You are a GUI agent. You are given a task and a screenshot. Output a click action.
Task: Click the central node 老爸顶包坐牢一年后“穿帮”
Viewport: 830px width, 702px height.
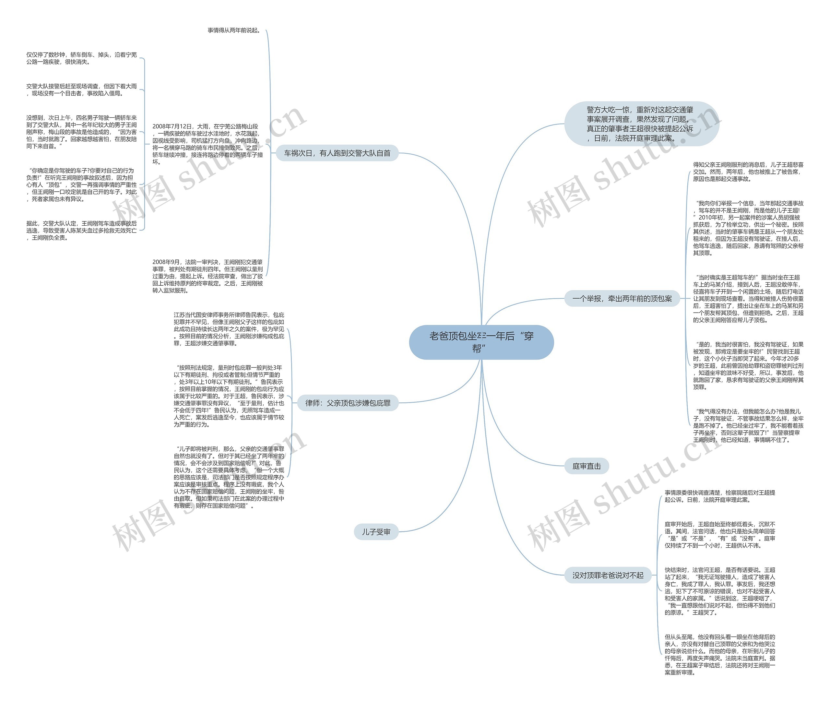481,342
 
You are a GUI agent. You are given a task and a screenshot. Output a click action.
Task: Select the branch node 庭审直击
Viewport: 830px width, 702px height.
586,466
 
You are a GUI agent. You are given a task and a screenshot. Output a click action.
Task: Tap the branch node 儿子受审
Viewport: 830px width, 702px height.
376,532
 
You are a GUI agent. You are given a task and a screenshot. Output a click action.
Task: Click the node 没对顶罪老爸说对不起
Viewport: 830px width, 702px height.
608,575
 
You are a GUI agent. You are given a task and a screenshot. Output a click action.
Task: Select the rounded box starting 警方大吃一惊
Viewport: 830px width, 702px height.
641,124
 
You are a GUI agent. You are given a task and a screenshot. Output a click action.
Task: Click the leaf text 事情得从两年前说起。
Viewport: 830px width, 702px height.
234,30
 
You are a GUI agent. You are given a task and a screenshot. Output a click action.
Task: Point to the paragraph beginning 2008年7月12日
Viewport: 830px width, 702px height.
207,144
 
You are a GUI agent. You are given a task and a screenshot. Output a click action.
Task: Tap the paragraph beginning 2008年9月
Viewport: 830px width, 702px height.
207,276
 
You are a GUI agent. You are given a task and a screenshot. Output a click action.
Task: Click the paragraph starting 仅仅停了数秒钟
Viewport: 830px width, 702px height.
82,58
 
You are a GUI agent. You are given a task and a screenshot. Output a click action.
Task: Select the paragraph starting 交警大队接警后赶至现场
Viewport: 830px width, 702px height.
82,89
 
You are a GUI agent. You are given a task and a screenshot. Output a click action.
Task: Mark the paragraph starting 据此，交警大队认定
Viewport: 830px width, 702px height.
82,231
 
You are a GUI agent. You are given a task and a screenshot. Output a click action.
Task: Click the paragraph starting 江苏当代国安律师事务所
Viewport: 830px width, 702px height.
229,329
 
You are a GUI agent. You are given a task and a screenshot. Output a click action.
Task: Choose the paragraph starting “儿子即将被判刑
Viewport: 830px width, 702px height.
229,477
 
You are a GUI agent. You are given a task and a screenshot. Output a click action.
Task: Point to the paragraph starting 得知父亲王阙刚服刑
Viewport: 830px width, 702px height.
748,172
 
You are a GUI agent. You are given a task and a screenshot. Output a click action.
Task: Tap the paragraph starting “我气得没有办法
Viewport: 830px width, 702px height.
748,425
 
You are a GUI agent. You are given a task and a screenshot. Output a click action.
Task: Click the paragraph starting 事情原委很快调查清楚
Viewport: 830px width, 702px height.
719,496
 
